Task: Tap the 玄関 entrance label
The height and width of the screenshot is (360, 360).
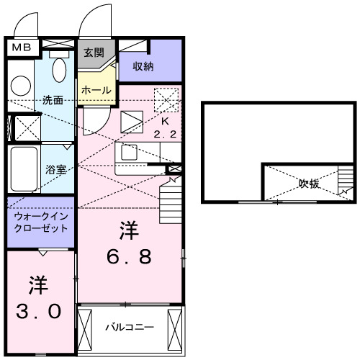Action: pos(93,52)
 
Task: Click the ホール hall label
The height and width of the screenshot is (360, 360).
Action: pos(96,91)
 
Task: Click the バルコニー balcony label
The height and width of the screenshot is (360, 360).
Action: pos(130,328)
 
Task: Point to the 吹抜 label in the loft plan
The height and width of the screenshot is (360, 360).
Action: pos(310,183)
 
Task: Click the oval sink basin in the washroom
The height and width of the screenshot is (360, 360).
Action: pos(60,71)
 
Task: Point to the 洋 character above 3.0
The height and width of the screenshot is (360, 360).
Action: pos(38,285)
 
